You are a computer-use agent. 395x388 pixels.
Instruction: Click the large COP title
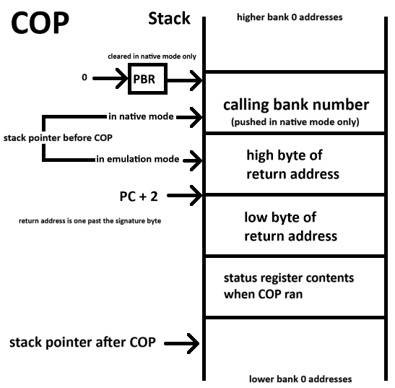tap(40, 23)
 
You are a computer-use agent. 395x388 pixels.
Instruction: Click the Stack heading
tap(169, 18)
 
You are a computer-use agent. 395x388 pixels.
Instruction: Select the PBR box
tap(147, 79)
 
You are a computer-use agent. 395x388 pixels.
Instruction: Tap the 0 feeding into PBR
tap(84, 77)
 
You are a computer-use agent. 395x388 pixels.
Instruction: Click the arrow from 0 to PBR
tap(110, 79)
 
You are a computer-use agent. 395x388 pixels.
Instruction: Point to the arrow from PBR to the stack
tap(185, 80)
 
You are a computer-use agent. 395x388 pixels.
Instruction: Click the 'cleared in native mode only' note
tap(152, 56)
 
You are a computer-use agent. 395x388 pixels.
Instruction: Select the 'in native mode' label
tap(141, 116)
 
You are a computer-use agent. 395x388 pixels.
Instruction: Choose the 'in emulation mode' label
tap(137, 159)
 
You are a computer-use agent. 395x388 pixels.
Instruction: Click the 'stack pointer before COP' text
tap(58, 138)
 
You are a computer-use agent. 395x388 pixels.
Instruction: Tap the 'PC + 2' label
tap(139, 197)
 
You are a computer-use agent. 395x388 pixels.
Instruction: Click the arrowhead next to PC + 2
tap(196, 195)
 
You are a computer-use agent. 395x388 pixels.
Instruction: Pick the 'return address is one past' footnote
tap(90, 221)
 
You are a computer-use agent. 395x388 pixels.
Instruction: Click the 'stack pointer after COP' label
tap(82, 342)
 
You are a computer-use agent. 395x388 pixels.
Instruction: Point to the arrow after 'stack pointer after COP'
tap(182, 343)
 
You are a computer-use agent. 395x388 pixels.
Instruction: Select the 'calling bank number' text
tap(296, 105)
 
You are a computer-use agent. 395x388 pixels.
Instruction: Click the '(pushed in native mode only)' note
tap(295, 122)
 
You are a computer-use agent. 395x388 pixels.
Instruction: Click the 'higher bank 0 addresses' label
tap(290, 17)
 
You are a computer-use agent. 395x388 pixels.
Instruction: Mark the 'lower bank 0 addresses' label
tap(300, 379)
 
